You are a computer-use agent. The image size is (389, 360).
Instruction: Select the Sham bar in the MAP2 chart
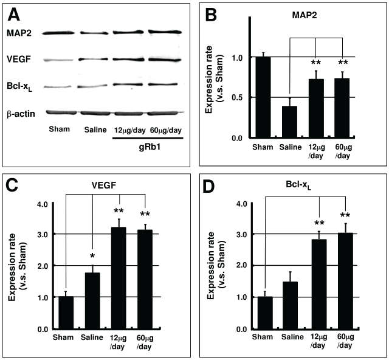click(x=263, y=98)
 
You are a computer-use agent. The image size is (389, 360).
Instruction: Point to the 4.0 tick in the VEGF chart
click(x=43, y=202)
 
